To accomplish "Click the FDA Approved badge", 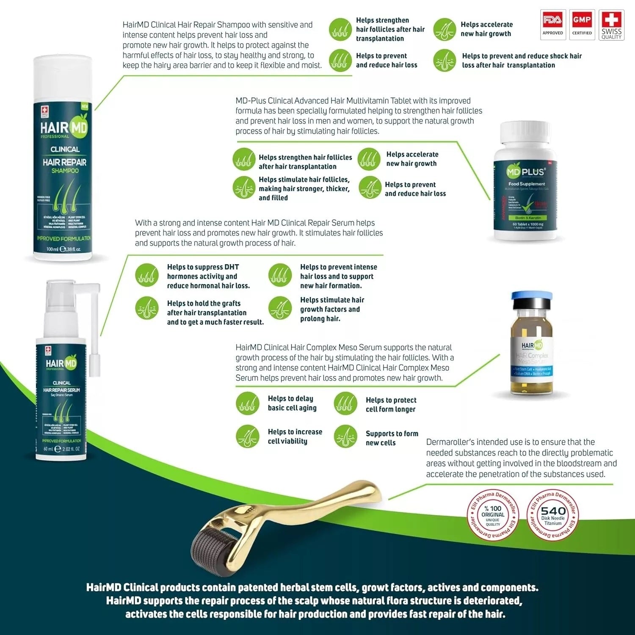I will pos(552,25).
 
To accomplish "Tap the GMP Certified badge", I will pos(582,25).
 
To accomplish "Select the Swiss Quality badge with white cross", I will pos(611,25).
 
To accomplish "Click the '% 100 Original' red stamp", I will pos(493,515).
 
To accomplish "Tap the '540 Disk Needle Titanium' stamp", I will pos(553,515).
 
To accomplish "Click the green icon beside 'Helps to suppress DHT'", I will pos(147,275).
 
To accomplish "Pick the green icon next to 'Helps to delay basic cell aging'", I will pos(247,403).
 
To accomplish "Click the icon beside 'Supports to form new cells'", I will pos(345,436).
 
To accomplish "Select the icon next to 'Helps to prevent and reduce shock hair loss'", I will pos(444,61).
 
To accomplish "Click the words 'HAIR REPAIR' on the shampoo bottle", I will pos(64,162).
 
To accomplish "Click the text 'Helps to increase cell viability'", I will pos(295,436).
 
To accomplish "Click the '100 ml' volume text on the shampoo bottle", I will pos(52,249).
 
